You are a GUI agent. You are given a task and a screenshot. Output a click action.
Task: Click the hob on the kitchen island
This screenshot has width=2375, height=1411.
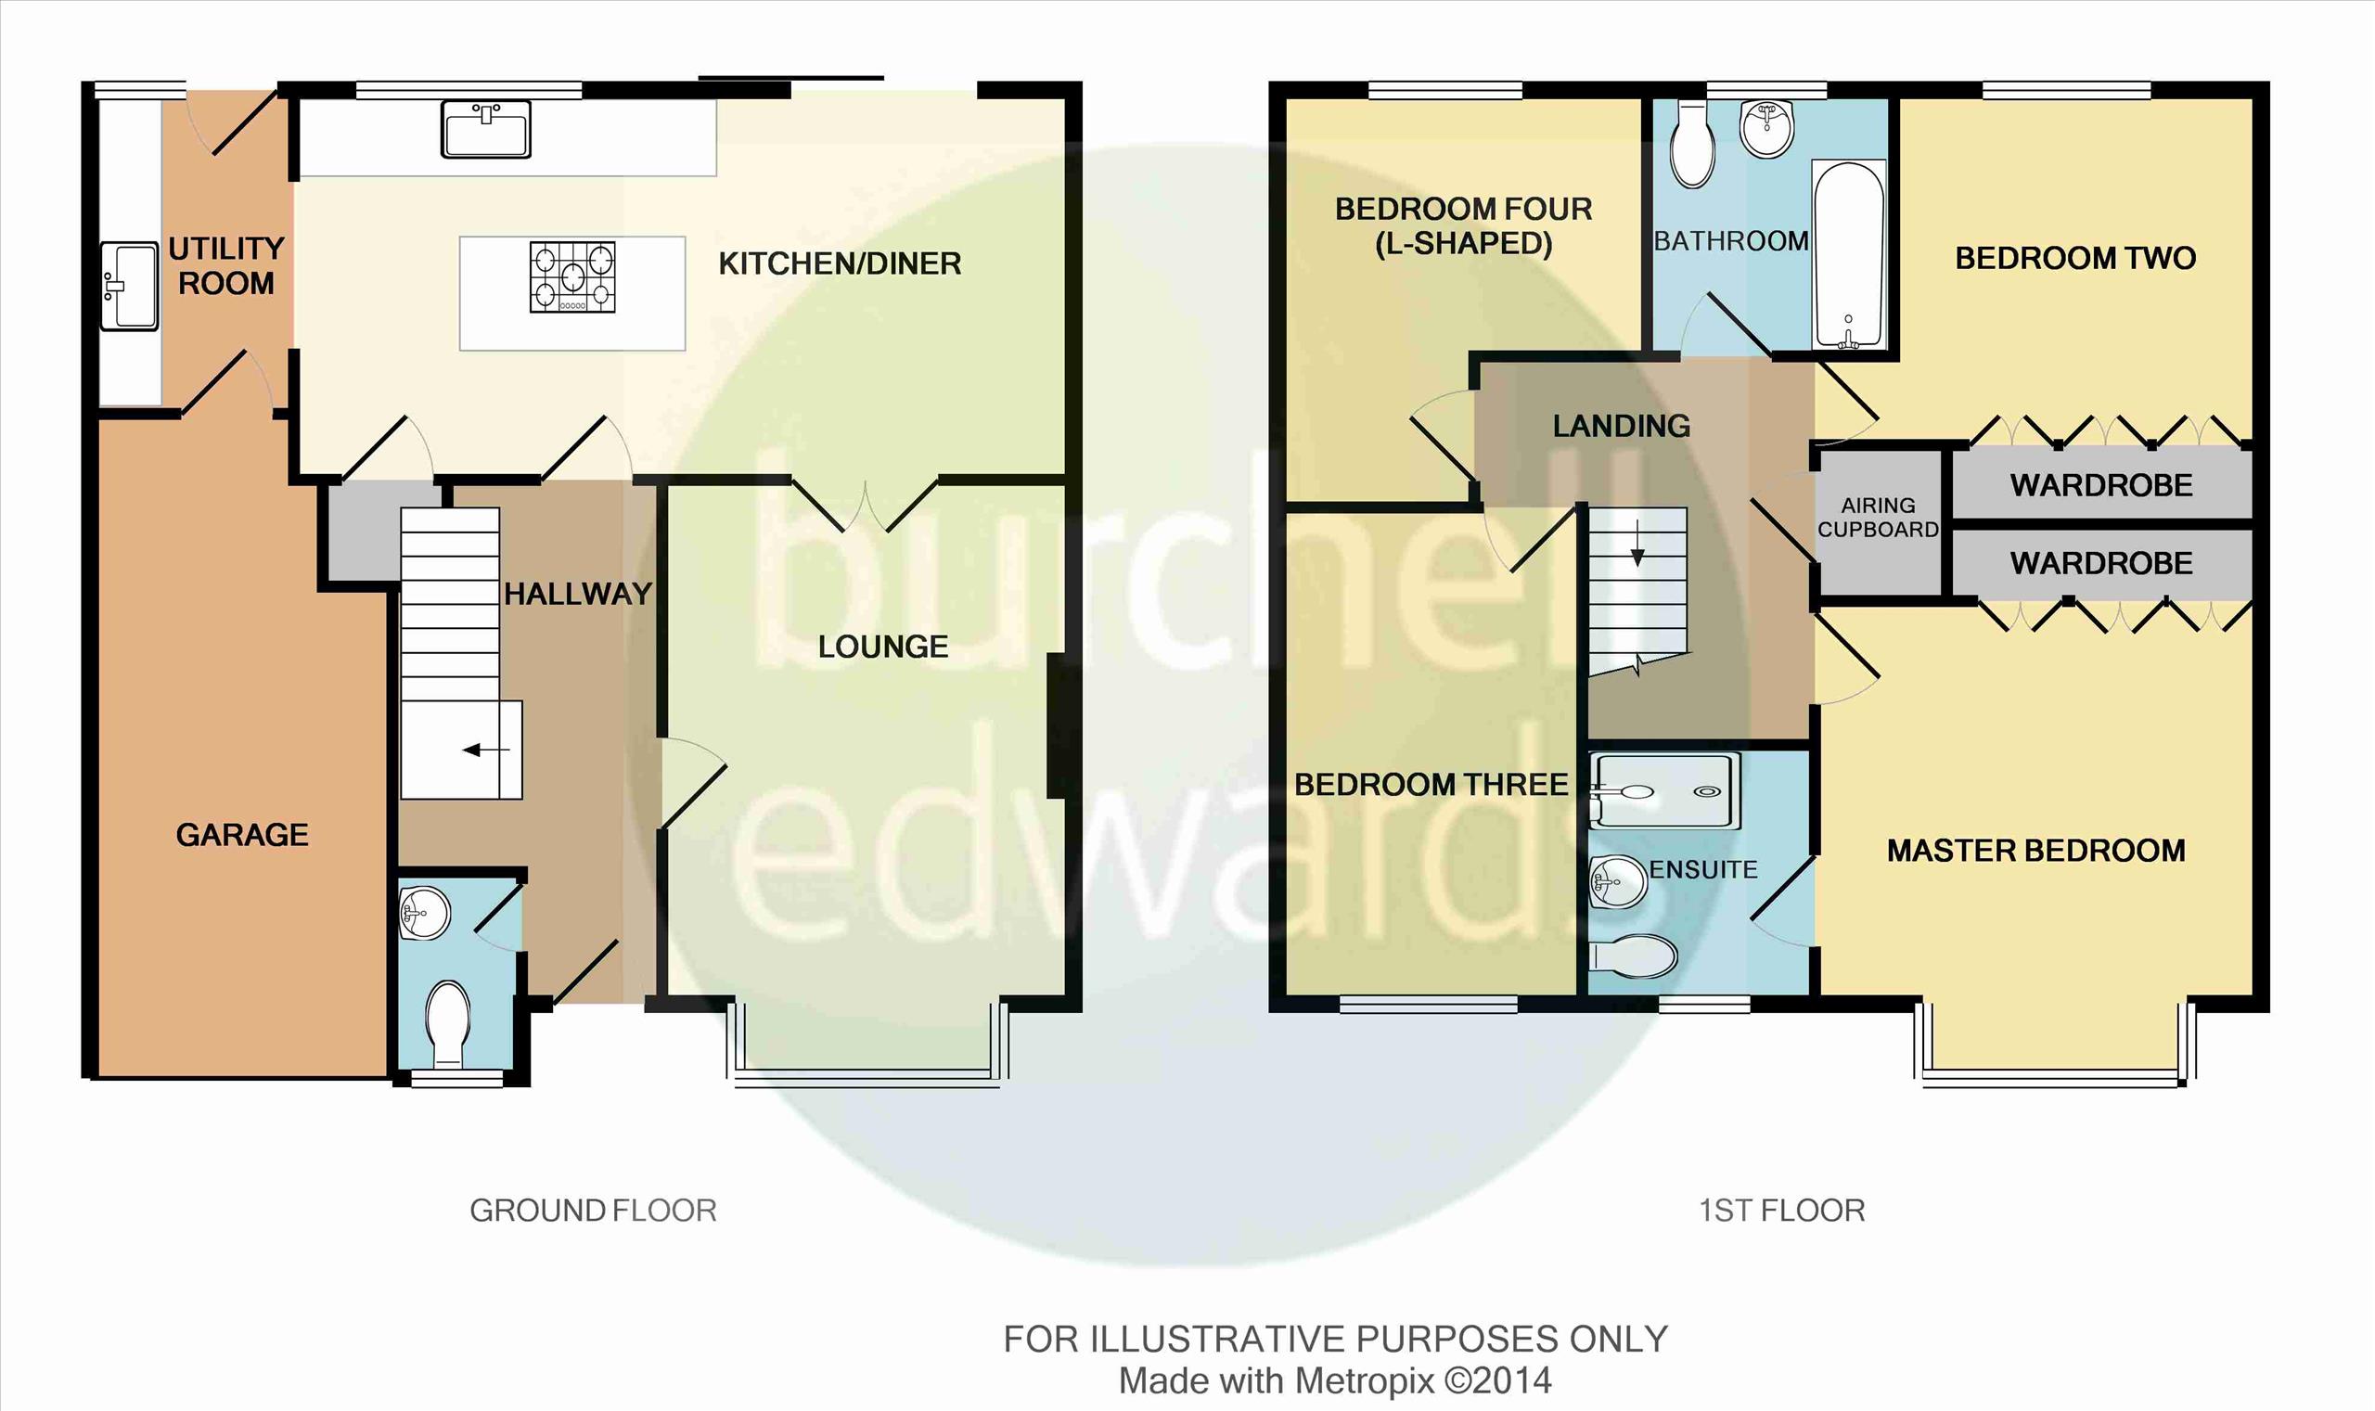coord(572,276)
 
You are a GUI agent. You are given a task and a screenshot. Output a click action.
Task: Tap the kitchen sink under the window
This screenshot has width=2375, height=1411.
coord(485,129)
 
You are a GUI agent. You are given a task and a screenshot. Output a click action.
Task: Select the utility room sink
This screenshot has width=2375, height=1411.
coord(129,285)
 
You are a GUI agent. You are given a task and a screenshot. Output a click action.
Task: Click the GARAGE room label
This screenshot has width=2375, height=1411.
coord(242,835)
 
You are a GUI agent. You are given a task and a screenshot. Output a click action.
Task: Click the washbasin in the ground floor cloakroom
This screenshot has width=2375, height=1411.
coord(424,914)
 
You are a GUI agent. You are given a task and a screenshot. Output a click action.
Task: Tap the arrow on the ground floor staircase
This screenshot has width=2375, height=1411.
coord(486,750)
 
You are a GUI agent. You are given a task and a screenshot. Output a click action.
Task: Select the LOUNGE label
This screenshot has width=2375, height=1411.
coord(883,647)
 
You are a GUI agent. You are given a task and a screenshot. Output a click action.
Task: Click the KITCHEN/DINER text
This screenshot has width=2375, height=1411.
coord(840,263)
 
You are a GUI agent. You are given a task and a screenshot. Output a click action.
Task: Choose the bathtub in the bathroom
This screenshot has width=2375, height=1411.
coord(1849,255)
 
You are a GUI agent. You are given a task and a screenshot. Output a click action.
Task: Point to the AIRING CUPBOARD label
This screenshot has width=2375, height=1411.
coord(1878,518)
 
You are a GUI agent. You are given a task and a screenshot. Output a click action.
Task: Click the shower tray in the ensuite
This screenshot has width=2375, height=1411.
coord(1664,790)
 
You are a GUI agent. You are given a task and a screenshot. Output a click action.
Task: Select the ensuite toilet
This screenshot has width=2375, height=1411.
coord(1632,956)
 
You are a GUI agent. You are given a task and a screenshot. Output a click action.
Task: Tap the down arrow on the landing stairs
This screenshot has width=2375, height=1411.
coord(1637,544)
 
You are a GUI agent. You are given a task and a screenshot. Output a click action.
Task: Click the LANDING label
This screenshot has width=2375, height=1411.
coord(1622,426)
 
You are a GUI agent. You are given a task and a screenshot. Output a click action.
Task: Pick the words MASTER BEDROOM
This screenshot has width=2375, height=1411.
coord(2036,850)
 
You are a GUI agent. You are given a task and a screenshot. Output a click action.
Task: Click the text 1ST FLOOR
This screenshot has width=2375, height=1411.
coord(1782,1211)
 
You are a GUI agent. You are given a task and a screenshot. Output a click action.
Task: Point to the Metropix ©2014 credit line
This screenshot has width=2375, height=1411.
coord(1335,1380)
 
